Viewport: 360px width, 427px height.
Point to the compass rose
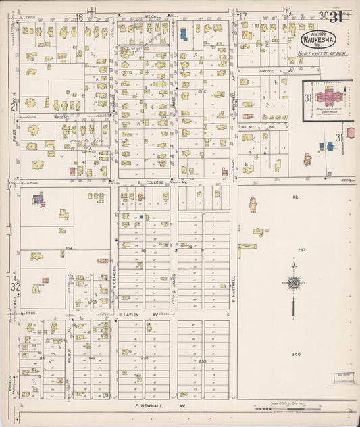tap(294, 284)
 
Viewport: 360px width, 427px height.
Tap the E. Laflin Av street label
tap(142, 315)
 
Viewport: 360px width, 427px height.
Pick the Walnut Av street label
tap(259, 126)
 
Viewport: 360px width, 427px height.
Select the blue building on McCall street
tap(183, 33)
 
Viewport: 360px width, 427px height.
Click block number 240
tap(296, 355)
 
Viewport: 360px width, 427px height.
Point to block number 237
tap(301, 250)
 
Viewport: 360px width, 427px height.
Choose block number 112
tap(295, 197)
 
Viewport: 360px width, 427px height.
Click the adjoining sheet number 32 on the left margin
tap(15, 287)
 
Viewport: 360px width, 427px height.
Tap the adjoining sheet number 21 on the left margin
tap(14, 107)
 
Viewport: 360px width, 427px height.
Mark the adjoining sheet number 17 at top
tap(244, 16)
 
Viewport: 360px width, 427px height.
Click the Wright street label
tap(63, 117)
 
